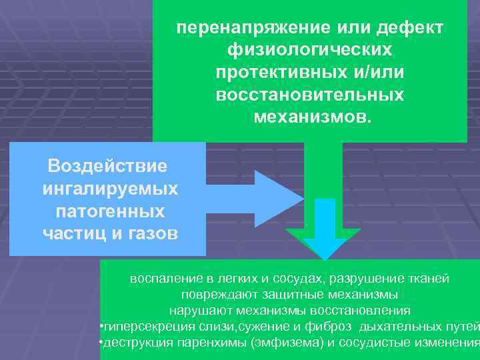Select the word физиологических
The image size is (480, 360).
point(310,51)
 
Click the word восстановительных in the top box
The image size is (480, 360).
point(310,95)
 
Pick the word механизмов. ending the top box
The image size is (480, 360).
point(310,117)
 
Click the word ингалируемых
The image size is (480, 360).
point(109,189)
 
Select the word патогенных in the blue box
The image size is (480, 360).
point(109,211)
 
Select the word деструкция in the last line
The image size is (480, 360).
point(135,343)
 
